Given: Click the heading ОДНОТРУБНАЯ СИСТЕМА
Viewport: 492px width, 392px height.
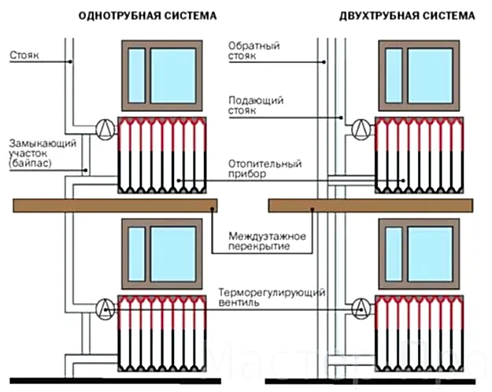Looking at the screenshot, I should coord(148,16).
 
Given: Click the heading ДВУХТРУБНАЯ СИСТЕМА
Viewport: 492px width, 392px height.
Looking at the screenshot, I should coord(407,16).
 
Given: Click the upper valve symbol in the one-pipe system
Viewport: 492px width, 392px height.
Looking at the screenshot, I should coord(103,128).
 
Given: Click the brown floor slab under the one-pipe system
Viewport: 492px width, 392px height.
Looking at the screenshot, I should coord(115,205).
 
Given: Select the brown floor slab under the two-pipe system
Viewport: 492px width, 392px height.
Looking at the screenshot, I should coord(372,205).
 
